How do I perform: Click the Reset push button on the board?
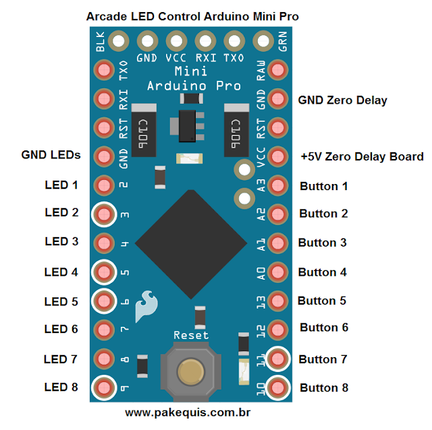click(191, 372)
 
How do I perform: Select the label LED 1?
click(61, 185)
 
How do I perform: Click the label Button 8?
click(324, 388)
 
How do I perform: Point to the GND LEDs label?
click(51, 155)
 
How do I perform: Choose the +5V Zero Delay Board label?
click(362, 156)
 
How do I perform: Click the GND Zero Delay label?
click(342, 100)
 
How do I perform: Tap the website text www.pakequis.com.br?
click(188, 410)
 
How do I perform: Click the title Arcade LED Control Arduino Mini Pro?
click(192, 16)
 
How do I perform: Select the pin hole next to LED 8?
click(103, 388)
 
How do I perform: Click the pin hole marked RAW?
click(278, 69)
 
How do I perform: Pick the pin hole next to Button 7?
click(278, 359)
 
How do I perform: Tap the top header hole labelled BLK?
click(119, 42)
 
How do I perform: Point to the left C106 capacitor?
click(142, 130)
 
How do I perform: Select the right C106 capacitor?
click(236, 130)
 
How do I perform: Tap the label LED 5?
click(61, 301)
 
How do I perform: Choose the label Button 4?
click(323, 272)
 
